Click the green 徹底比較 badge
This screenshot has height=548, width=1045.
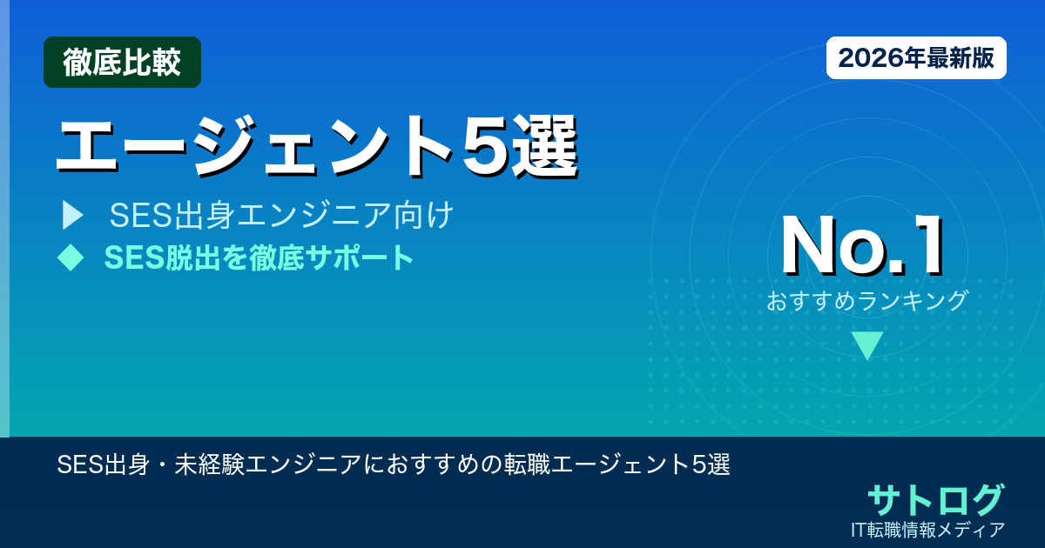pos(122,63)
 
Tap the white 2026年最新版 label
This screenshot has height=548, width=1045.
pos(916,58)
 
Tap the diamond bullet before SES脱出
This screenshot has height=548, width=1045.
pos(70,257)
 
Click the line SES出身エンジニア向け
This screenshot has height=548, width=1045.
pos(281,216)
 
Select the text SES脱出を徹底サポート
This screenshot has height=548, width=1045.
pos(259,257)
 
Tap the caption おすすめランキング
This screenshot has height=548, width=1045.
pos(866,301)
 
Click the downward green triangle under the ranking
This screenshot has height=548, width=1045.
pos(867,345)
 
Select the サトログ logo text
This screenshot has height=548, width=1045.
pos(935,499)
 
